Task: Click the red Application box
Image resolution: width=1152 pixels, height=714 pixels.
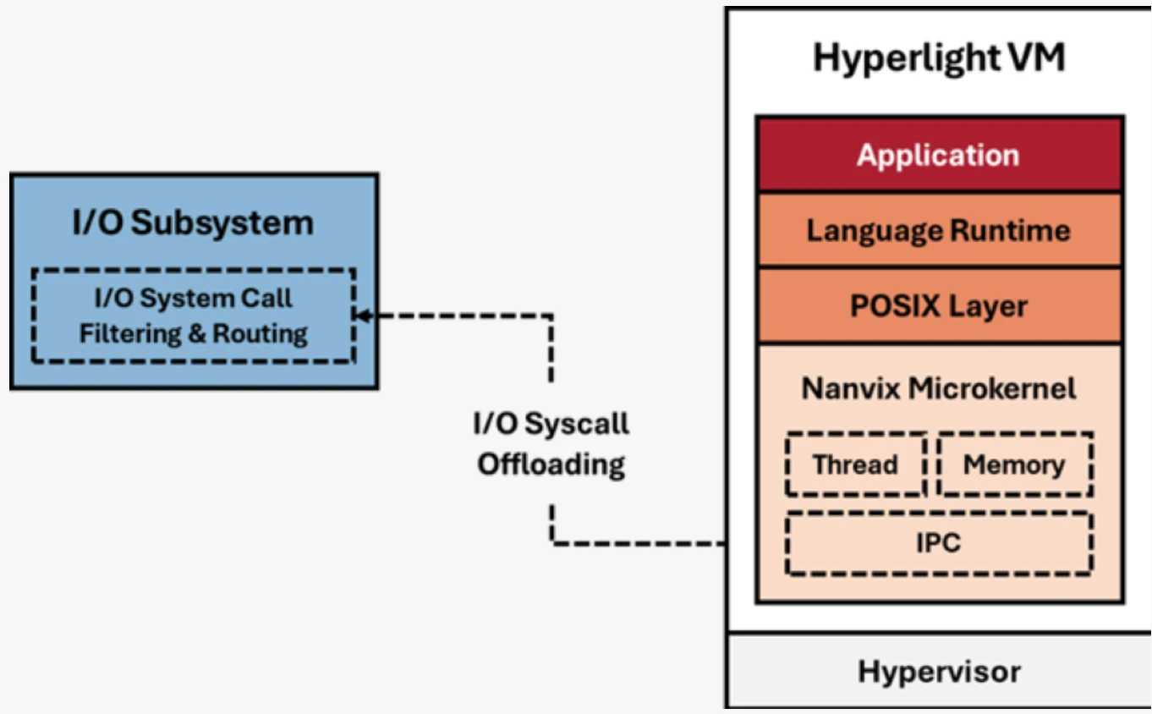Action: pos(939,155)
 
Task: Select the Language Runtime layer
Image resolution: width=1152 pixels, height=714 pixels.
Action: pos(939,230)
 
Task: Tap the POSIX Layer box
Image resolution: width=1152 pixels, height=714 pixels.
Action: pos(939,305)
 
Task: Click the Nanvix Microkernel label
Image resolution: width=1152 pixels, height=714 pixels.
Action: pos(939,388)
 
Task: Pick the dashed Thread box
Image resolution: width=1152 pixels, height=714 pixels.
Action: pos(855,464)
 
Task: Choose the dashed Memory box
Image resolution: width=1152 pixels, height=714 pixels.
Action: pos(1014,464)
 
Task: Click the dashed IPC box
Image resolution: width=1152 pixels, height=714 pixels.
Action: pos(939,542)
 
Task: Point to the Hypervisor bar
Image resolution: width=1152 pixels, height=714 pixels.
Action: pos(939,672)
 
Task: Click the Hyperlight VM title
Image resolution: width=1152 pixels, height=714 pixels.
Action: pos(939,58)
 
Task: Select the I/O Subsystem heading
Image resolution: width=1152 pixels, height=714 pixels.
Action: pos(194,223)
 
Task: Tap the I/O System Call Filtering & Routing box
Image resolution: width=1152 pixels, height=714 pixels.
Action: pos(194,316)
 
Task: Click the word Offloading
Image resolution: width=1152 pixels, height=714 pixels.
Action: pos(551,464)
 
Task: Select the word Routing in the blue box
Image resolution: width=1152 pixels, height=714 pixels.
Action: pos(260,333)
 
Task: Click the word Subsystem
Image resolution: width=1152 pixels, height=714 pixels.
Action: pos(222,223)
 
